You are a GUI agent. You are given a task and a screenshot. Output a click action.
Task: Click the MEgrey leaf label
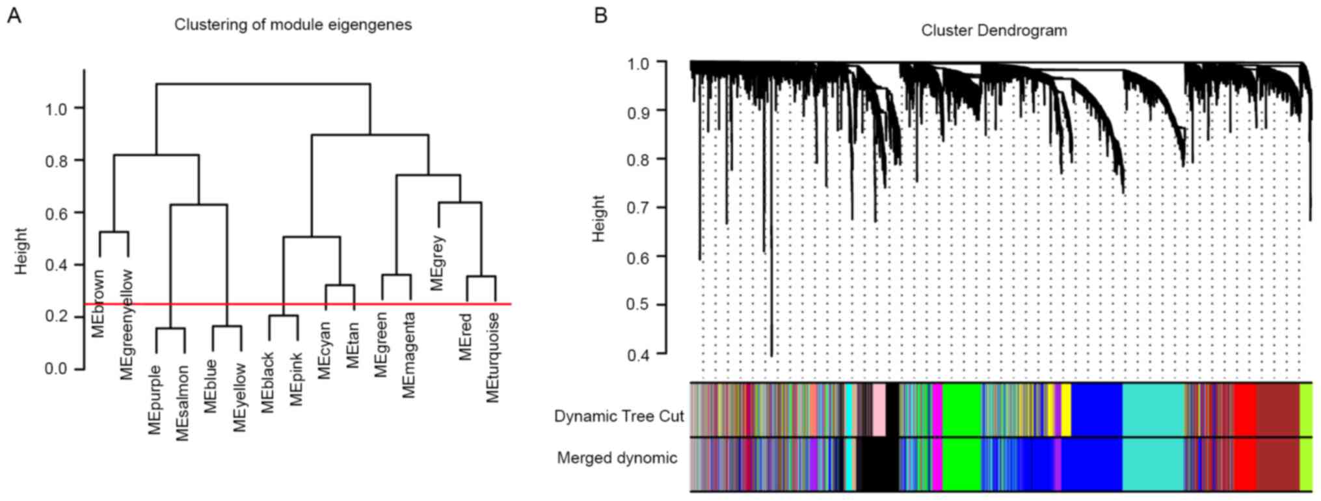(437, 264)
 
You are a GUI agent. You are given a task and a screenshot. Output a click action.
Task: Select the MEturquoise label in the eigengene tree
(493, 358)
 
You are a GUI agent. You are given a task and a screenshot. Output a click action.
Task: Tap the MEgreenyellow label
(126, 324)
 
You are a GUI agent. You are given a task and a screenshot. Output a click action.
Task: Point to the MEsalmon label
(183, 403)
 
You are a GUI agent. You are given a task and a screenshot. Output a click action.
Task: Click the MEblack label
(268, 383)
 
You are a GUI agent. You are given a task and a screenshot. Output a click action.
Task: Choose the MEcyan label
(325, 350)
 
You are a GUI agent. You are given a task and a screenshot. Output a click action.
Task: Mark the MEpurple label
(155, 400)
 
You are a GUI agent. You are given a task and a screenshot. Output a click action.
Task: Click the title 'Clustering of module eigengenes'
(293, 25)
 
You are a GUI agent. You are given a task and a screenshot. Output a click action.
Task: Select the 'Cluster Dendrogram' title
(994, 31)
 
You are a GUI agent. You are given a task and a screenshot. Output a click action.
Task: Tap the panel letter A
(14, 16)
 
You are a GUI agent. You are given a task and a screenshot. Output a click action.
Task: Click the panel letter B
(600, 16)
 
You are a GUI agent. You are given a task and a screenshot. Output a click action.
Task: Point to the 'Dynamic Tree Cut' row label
(619, 416)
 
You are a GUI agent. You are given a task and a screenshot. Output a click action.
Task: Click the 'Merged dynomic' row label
(617, 458)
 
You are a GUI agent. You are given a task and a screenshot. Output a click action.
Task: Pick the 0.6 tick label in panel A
(56, 213)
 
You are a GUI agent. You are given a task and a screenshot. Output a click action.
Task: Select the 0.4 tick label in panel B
(638, 355)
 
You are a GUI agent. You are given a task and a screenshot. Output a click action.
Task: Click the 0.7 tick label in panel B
(638, 208)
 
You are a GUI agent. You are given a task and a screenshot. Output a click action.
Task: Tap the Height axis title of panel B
(598, 219)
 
